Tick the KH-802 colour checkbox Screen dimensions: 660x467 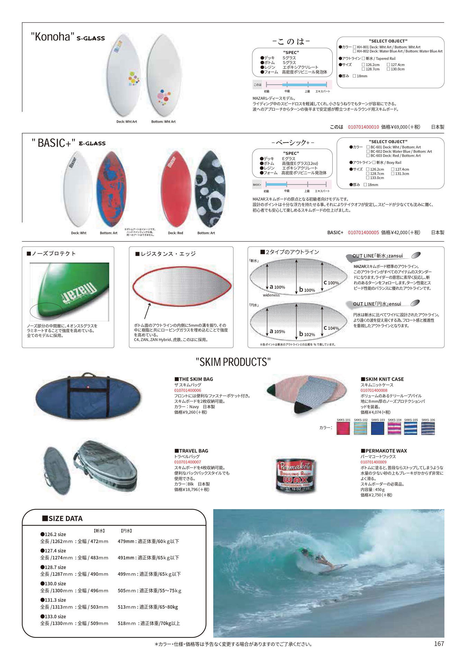click(x=355, y=51)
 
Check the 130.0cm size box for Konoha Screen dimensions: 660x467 click(x=388, y=69)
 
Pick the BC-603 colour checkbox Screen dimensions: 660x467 click(x=368, y=156)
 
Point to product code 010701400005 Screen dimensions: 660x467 click(x=363, y=233)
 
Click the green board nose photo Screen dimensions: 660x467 click(x=69, y=291)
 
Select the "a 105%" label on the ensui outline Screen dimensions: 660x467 click(x=277, y=332)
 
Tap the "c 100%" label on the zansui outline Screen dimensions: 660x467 click(x=331, y=283)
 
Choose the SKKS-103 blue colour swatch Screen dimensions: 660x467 click(x=378, y=428)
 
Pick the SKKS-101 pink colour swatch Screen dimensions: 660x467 click(x=343, y=428)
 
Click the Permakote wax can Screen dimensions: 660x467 click(x=296, y=475)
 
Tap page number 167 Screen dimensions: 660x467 click(x=439, y=644)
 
